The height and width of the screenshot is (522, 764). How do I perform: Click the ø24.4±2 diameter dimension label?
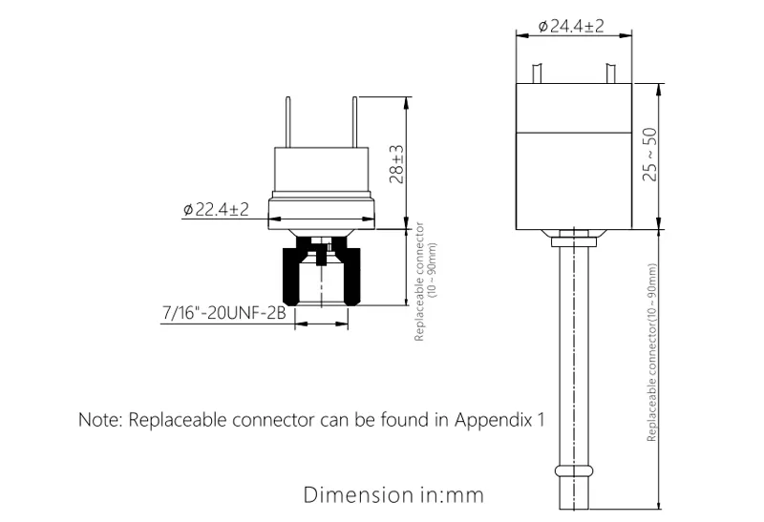tap(571, 26)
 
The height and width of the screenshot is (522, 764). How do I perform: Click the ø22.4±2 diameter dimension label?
tap(215, 210)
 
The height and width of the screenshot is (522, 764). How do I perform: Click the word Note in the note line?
tap(99, 420)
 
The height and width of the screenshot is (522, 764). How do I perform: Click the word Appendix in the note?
tap(494, 420)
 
